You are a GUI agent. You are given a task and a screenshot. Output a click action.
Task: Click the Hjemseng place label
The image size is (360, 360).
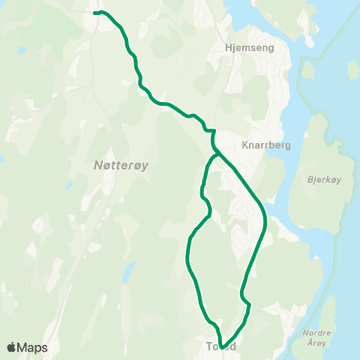[249, 46]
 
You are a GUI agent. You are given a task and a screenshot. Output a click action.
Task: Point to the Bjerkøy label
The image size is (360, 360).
[324, 180]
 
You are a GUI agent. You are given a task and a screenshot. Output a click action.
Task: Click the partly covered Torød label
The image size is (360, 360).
[221, 346]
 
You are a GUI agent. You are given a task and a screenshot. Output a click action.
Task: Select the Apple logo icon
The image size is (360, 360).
[10, 347]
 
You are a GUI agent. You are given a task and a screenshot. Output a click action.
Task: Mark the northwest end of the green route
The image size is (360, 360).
[94, 13]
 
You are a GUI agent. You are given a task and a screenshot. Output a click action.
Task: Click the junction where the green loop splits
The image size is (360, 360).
[217, 155]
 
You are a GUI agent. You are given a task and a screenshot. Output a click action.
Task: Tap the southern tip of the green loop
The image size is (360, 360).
[223, 346]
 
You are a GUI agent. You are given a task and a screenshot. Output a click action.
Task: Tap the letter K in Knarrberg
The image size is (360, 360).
[245, 145]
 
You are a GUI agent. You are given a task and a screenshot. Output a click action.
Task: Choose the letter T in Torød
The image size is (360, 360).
[208, 346]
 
